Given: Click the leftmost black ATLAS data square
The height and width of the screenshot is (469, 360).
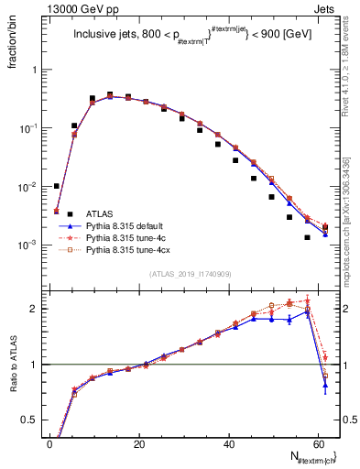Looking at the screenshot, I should pyautogui.click(x=56, y=186).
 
